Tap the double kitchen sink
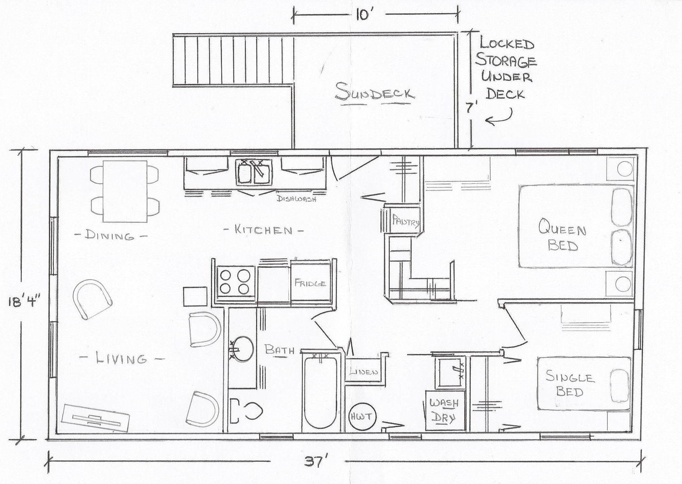coord(255,172)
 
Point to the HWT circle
coord(362,417)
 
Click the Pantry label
coord(405,220)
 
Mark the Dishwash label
coord(297,199)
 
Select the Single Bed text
coord(570,385)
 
